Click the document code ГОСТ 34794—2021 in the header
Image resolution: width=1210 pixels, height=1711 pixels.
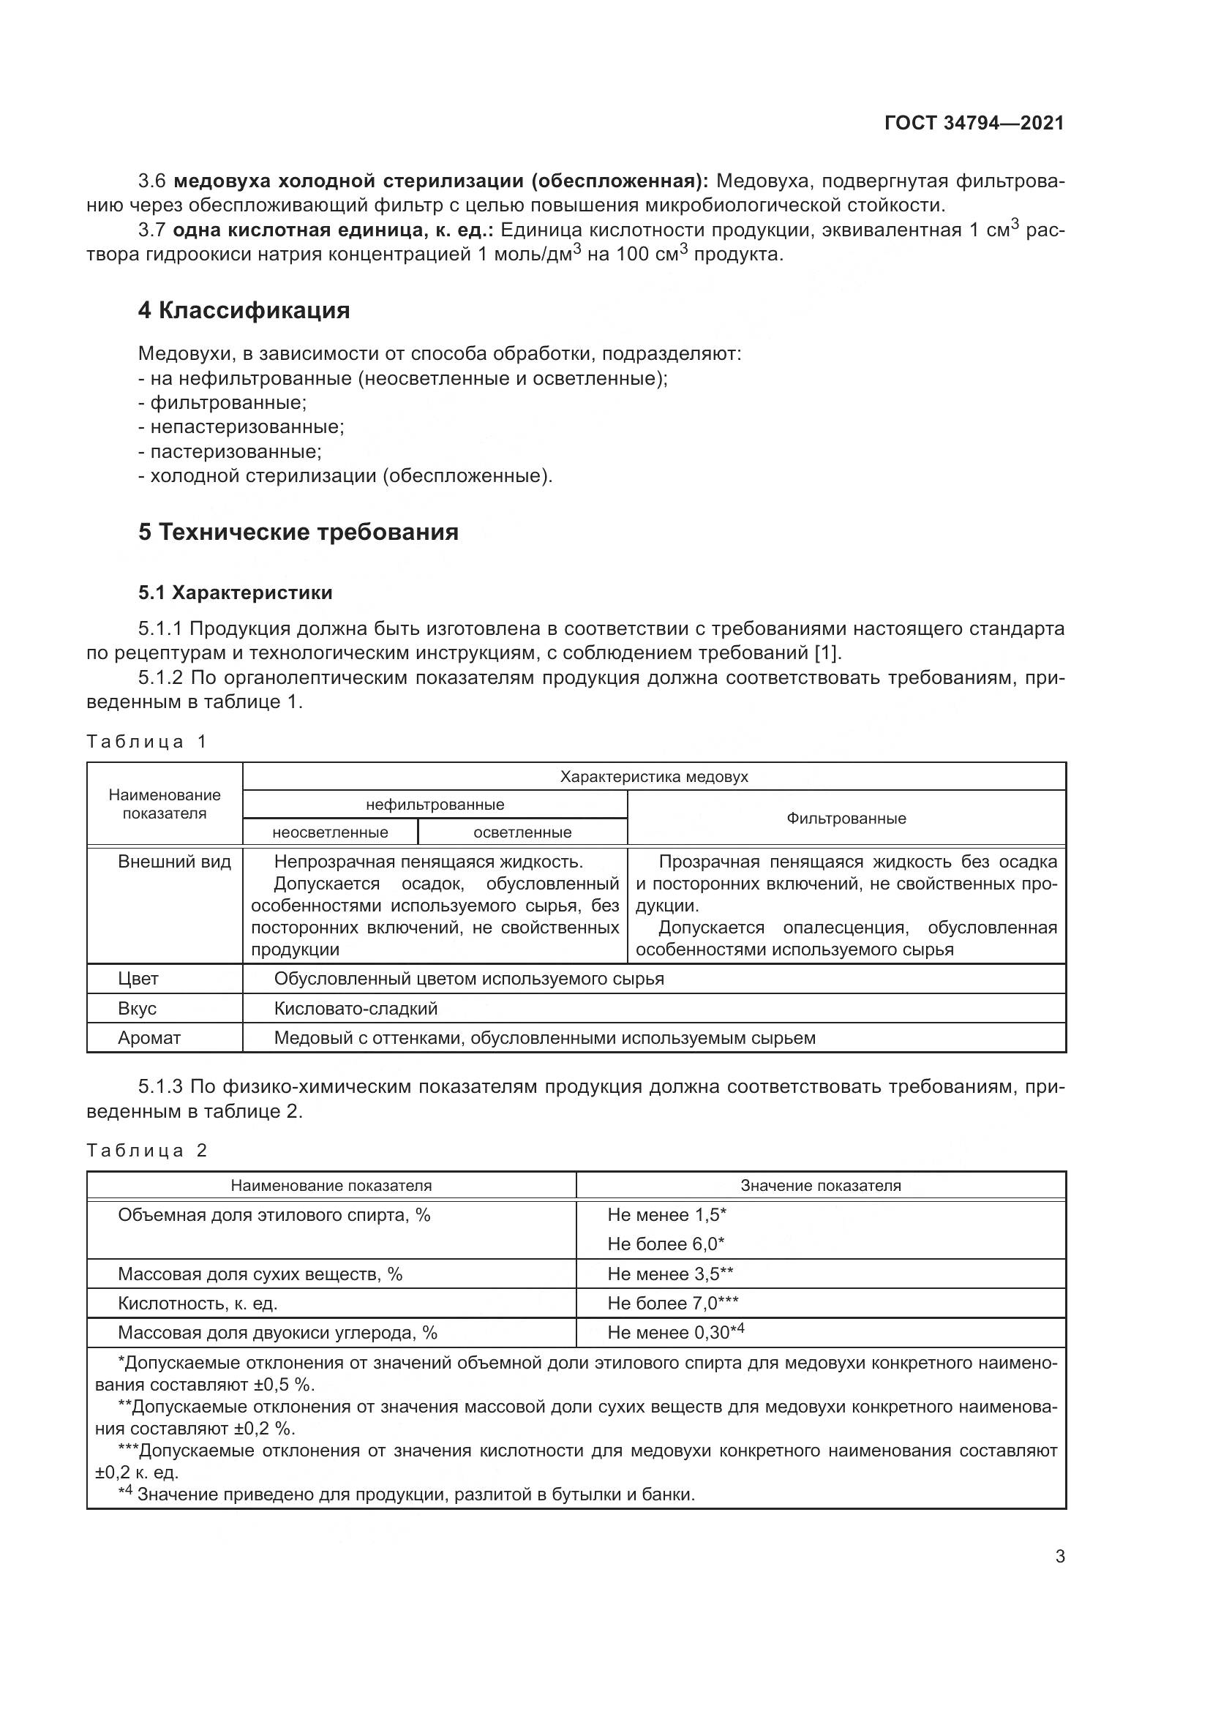974,123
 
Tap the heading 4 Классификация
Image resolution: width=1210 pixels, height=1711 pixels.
244,310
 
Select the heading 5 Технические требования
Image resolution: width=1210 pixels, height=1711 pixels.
298,532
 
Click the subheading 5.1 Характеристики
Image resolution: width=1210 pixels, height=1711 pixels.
235,593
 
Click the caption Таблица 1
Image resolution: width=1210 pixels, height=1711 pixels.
147,742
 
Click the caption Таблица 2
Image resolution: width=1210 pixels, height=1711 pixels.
147,1151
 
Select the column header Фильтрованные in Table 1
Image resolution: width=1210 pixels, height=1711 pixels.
846,819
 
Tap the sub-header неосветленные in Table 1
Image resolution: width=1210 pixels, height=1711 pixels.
330,832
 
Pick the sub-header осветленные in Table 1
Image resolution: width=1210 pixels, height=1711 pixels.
522,832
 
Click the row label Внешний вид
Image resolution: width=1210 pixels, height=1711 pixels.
174,862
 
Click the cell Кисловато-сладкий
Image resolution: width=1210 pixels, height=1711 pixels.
356,1008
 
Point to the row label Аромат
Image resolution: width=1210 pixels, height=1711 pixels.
149,1038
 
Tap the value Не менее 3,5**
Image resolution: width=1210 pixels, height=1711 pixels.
670,1274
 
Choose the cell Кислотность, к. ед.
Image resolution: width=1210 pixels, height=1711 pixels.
198,1304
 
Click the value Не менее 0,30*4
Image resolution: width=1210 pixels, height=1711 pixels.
675,1332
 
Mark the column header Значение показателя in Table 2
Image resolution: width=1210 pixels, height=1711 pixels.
820,1186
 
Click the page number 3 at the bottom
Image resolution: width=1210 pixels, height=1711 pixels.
1059,1556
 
